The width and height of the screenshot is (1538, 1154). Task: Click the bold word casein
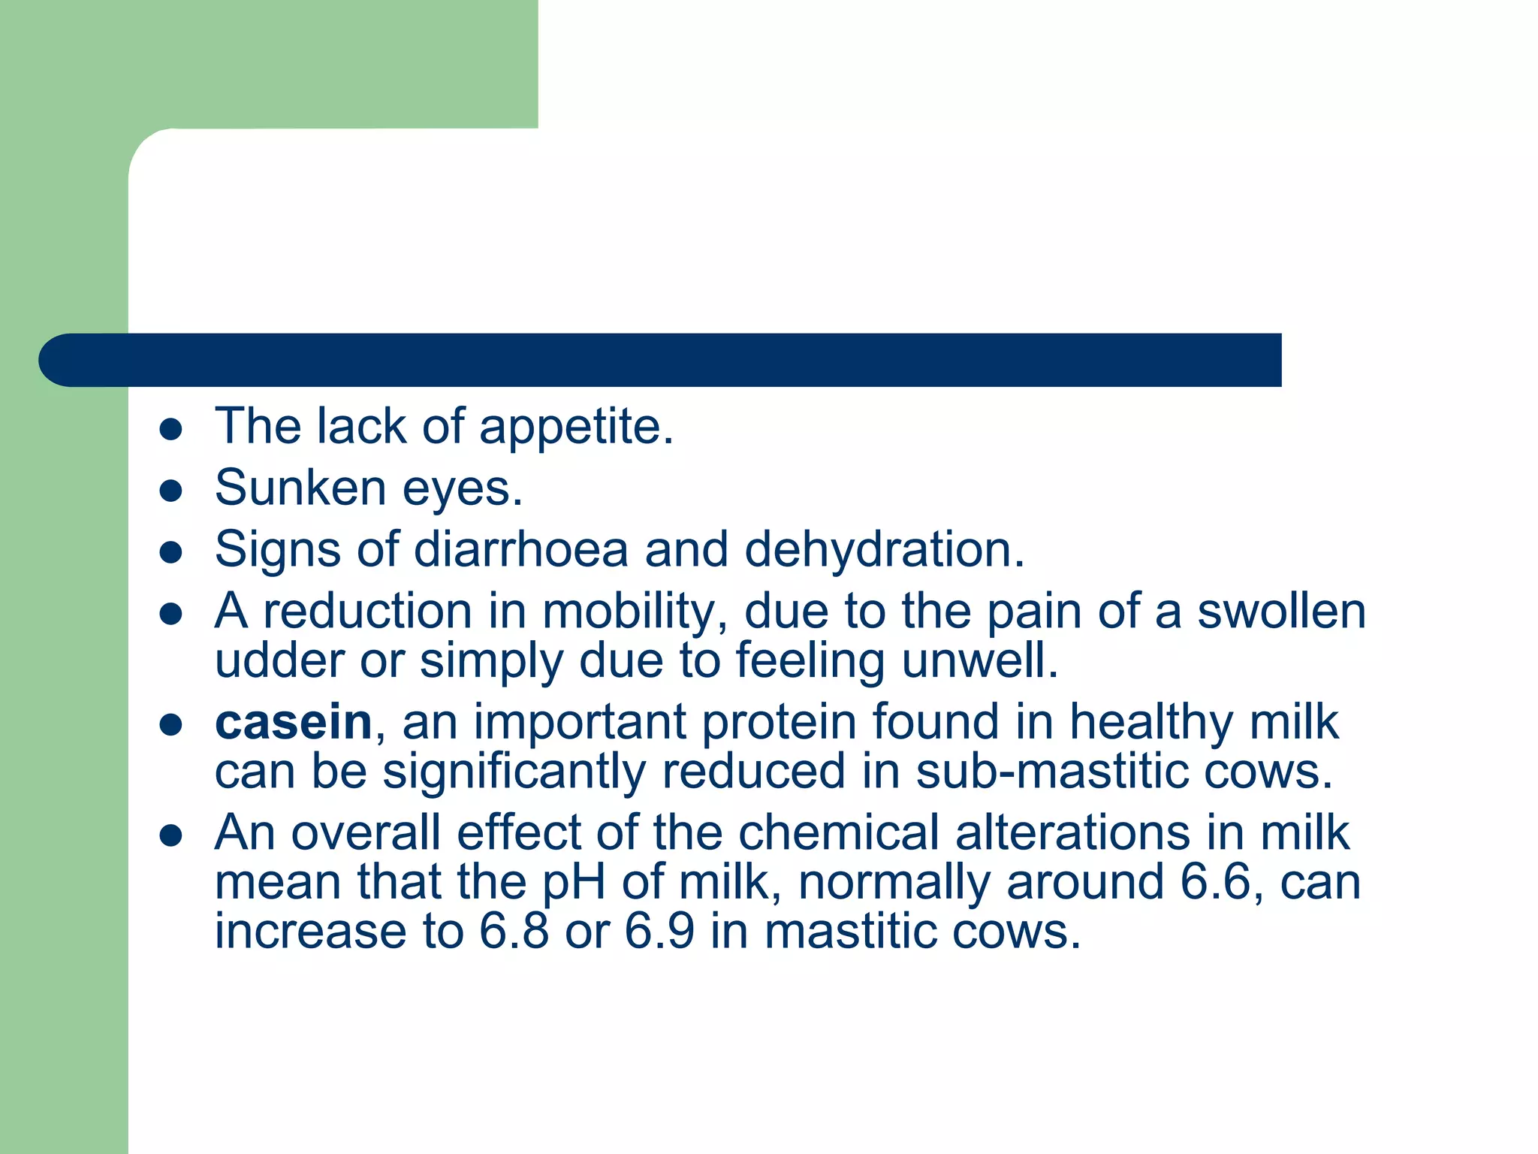click(293, 723)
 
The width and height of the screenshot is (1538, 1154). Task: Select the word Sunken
click(300, 488)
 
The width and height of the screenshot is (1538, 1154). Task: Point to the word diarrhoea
click(520, 549)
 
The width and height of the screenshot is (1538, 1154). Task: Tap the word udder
click(279, 661)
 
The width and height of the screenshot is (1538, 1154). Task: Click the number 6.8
click(514, 932)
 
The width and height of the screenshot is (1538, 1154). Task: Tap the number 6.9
click(659, 932)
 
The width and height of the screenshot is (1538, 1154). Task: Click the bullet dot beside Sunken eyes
click(172, 491)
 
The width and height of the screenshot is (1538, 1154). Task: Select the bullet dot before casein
click(172, 725)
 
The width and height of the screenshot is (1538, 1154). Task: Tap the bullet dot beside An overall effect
click(172, 835)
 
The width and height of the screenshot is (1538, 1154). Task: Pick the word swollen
click(1281, 612)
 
